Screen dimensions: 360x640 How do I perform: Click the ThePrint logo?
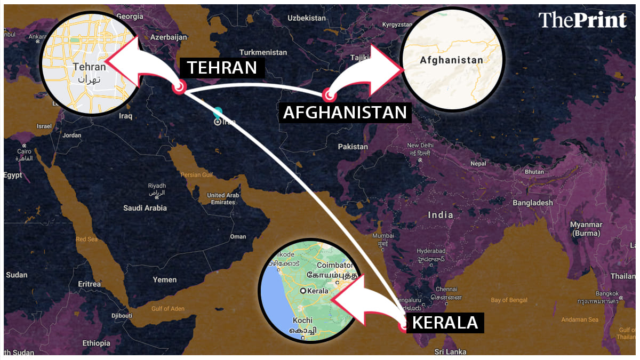[x=582, y=20]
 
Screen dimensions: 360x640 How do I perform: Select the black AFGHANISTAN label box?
[x=345, y=113]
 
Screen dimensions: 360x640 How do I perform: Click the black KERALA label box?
[x=445, y=323]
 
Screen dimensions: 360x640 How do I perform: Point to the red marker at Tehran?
[x=179, y=87]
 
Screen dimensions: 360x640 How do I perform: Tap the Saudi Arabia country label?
[x=145, y=208]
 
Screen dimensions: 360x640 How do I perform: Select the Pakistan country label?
[x=353, y=147]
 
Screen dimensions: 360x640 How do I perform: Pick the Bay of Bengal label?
[x=509, y=300]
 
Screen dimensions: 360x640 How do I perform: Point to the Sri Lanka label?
[x=450, y=352]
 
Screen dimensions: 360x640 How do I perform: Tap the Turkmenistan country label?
[x=263, y=52]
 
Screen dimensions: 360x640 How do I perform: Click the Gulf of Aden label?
[x=167, y=309]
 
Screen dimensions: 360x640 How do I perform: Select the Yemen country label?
[x=164, y=279]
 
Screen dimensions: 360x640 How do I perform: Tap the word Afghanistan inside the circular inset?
[x=451, y=60]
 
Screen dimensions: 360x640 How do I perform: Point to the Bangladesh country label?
[x=533, y=203]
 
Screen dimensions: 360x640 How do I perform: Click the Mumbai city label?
[x=383, y=236]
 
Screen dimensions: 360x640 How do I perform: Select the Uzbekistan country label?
[x=306, y=18]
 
